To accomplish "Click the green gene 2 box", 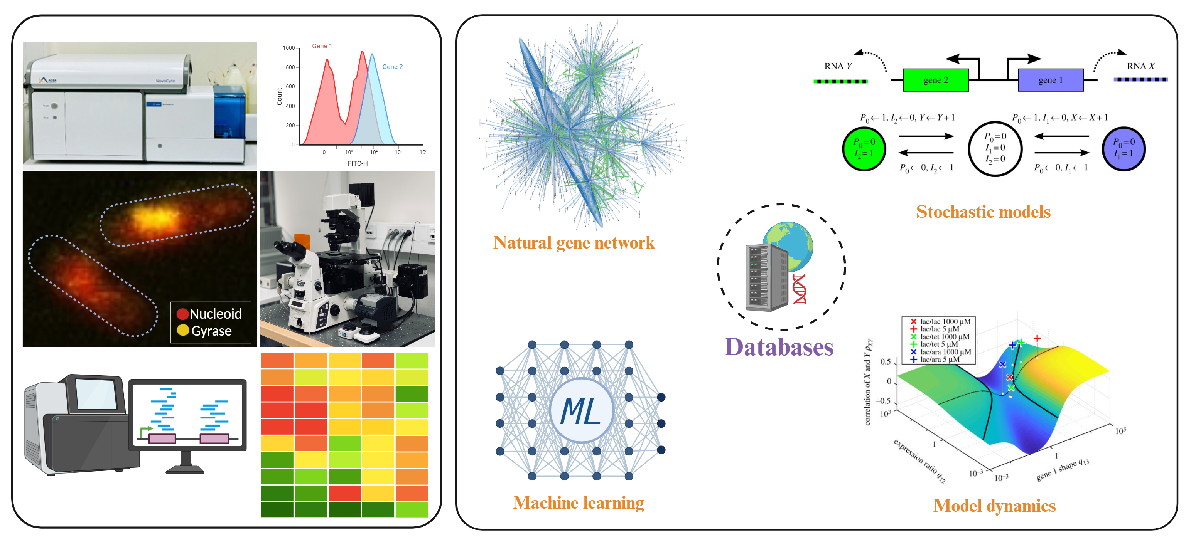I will click(x=935, y=80).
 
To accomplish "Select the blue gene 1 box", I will click(x=1051, y=80).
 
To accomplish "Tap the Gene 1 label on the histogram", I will click(x=322, y=46).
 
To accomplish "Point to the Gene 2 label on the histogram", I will click(x=392, y=67).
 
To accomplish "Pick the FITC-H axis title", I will click(x=358, y=163).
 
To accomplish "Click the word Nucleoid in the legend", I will click(x=216, y=314).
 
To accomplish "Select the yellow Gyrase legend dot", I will click(x=183, y=330).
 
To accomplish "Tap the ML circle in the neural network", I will click(x=581, y=411).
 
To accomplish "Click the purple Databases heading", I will click(x=779, y=348).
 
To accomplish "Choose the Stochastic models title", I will click(x=983, y=212).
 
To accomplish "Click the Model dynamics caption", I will click(x=994, y=506).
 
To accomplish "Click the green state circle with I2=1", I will click(x=864, y=149).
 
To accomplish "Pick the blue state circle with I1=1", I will click(x=1123, y=149).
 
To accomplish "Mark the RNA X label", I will click(x=1140, y=66).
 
